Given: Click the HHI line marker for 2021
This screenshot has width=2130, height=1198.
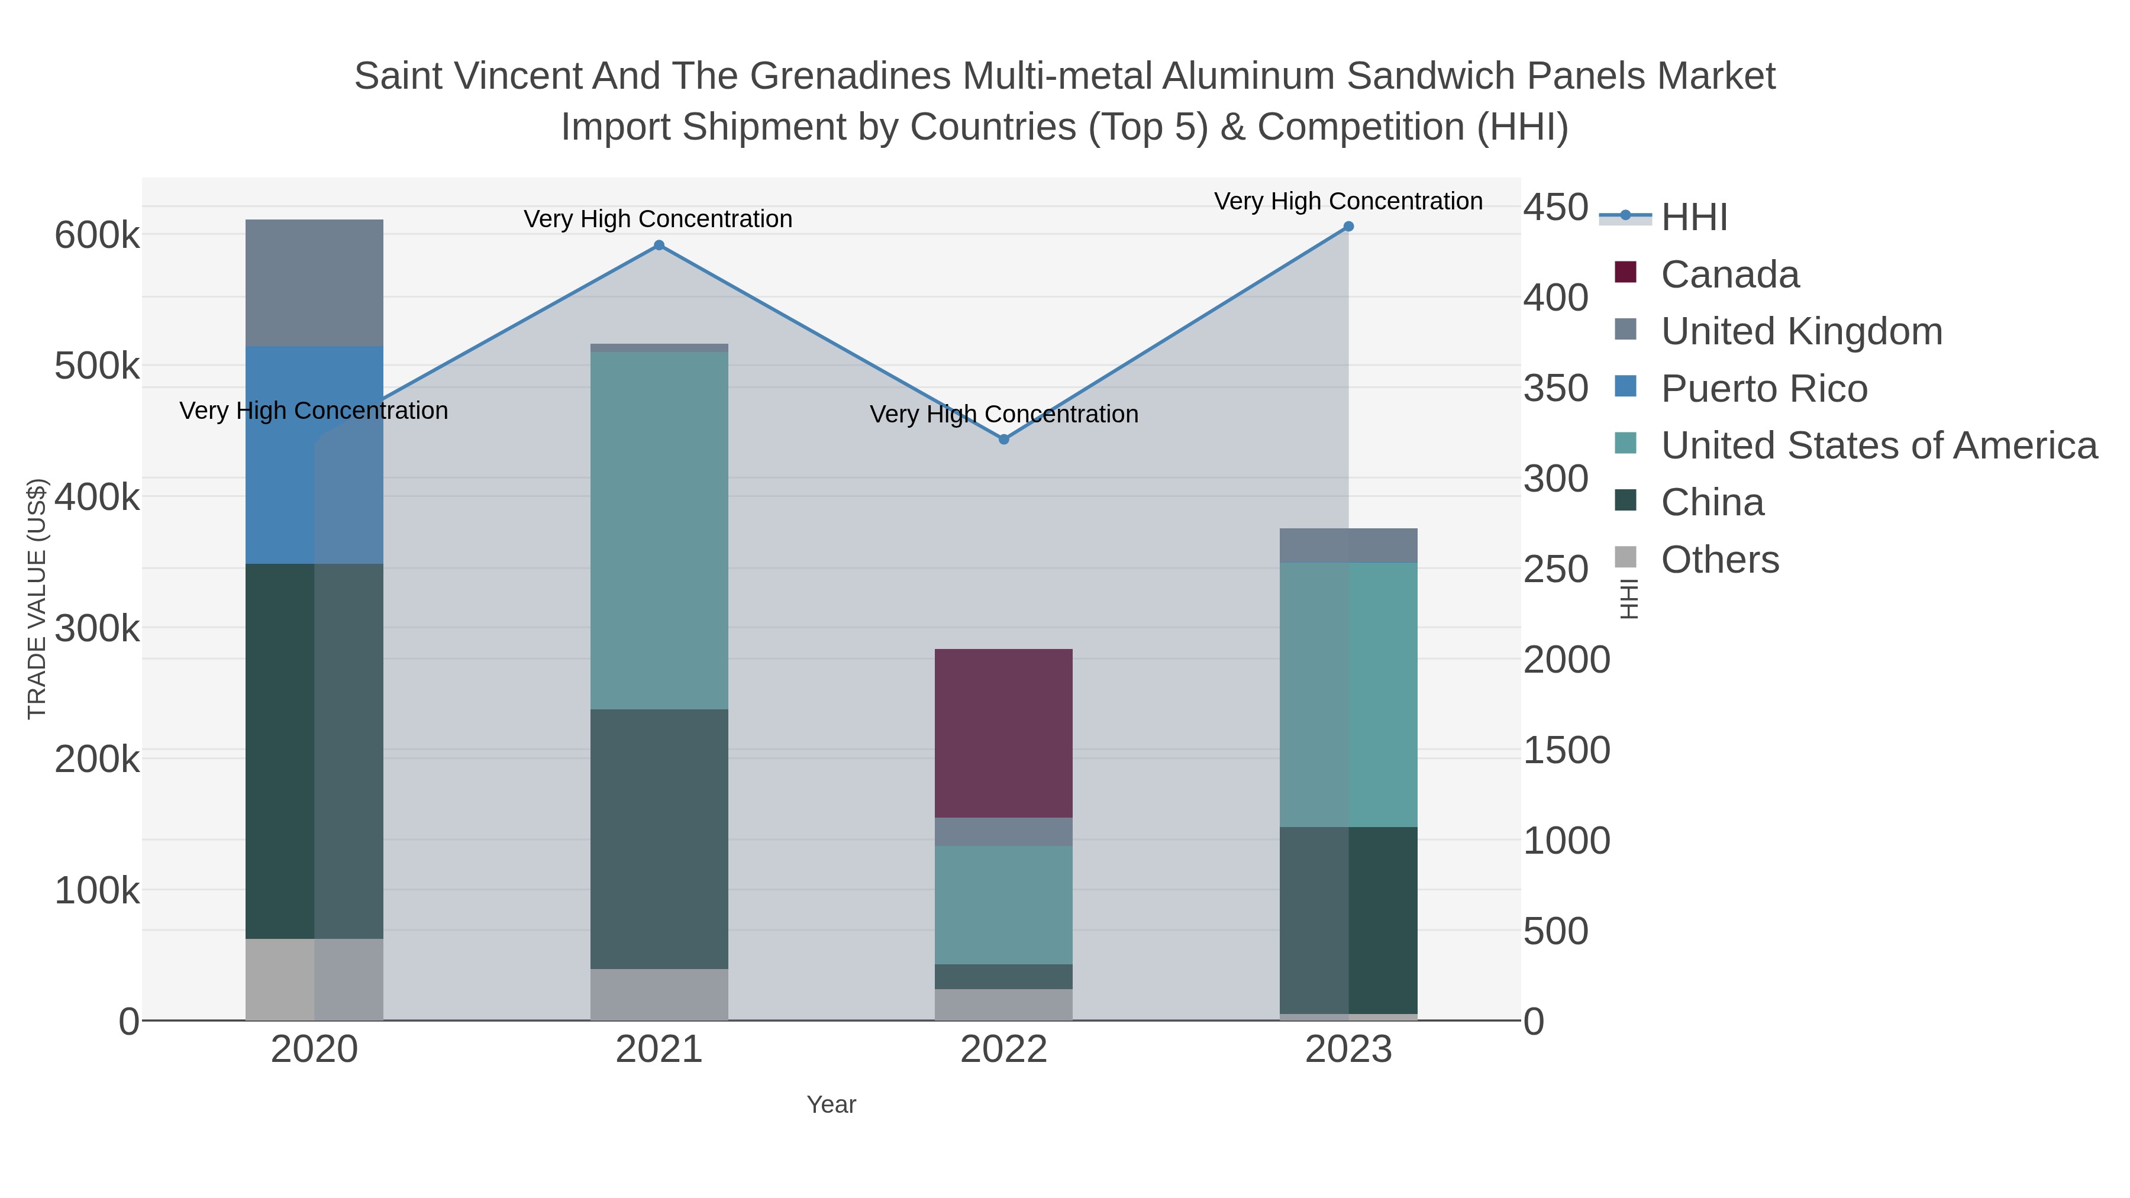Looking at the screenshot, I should (659, 245).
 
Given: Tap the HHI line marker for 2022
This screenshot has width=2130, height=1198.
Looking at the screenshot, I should (1004, 440).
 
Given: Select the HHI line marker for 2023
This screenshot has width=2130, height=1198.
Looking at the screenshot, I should (1348, 227).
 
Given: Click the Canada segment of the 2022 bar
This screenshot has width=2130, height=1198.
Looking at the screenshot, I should (1004, 734).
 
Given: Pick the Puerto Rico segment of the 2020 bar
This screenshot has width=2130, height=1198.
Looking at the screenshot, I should (314, 455).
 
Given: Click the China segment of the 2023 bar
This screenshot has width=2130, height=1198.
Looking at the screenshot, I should (1348, 920).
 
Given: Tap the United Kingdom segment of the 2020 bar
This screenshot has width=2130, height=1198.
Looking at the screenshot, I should (314, 283).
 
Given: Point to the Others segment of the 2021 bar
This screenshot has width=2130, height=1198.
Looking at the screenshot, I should (659, 994).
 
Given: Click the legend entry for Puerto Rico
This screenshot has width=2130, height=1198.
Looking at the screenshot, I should (1764, 389).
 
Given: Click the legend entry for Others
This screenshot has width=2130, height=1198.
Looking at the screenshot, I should (1719, 560).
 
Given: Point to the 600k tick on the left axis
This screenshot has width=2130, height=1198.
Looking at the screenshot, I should (97, 235).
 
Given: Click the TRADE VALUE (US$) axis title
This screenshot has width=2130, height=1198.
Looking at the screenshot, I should (37, 599).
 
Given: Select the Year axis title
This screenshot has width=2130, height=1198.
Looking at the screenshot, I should (831, 1105).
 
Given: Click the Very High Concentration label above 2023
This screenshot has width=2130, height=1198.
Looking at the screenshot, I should (1348, 201).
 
